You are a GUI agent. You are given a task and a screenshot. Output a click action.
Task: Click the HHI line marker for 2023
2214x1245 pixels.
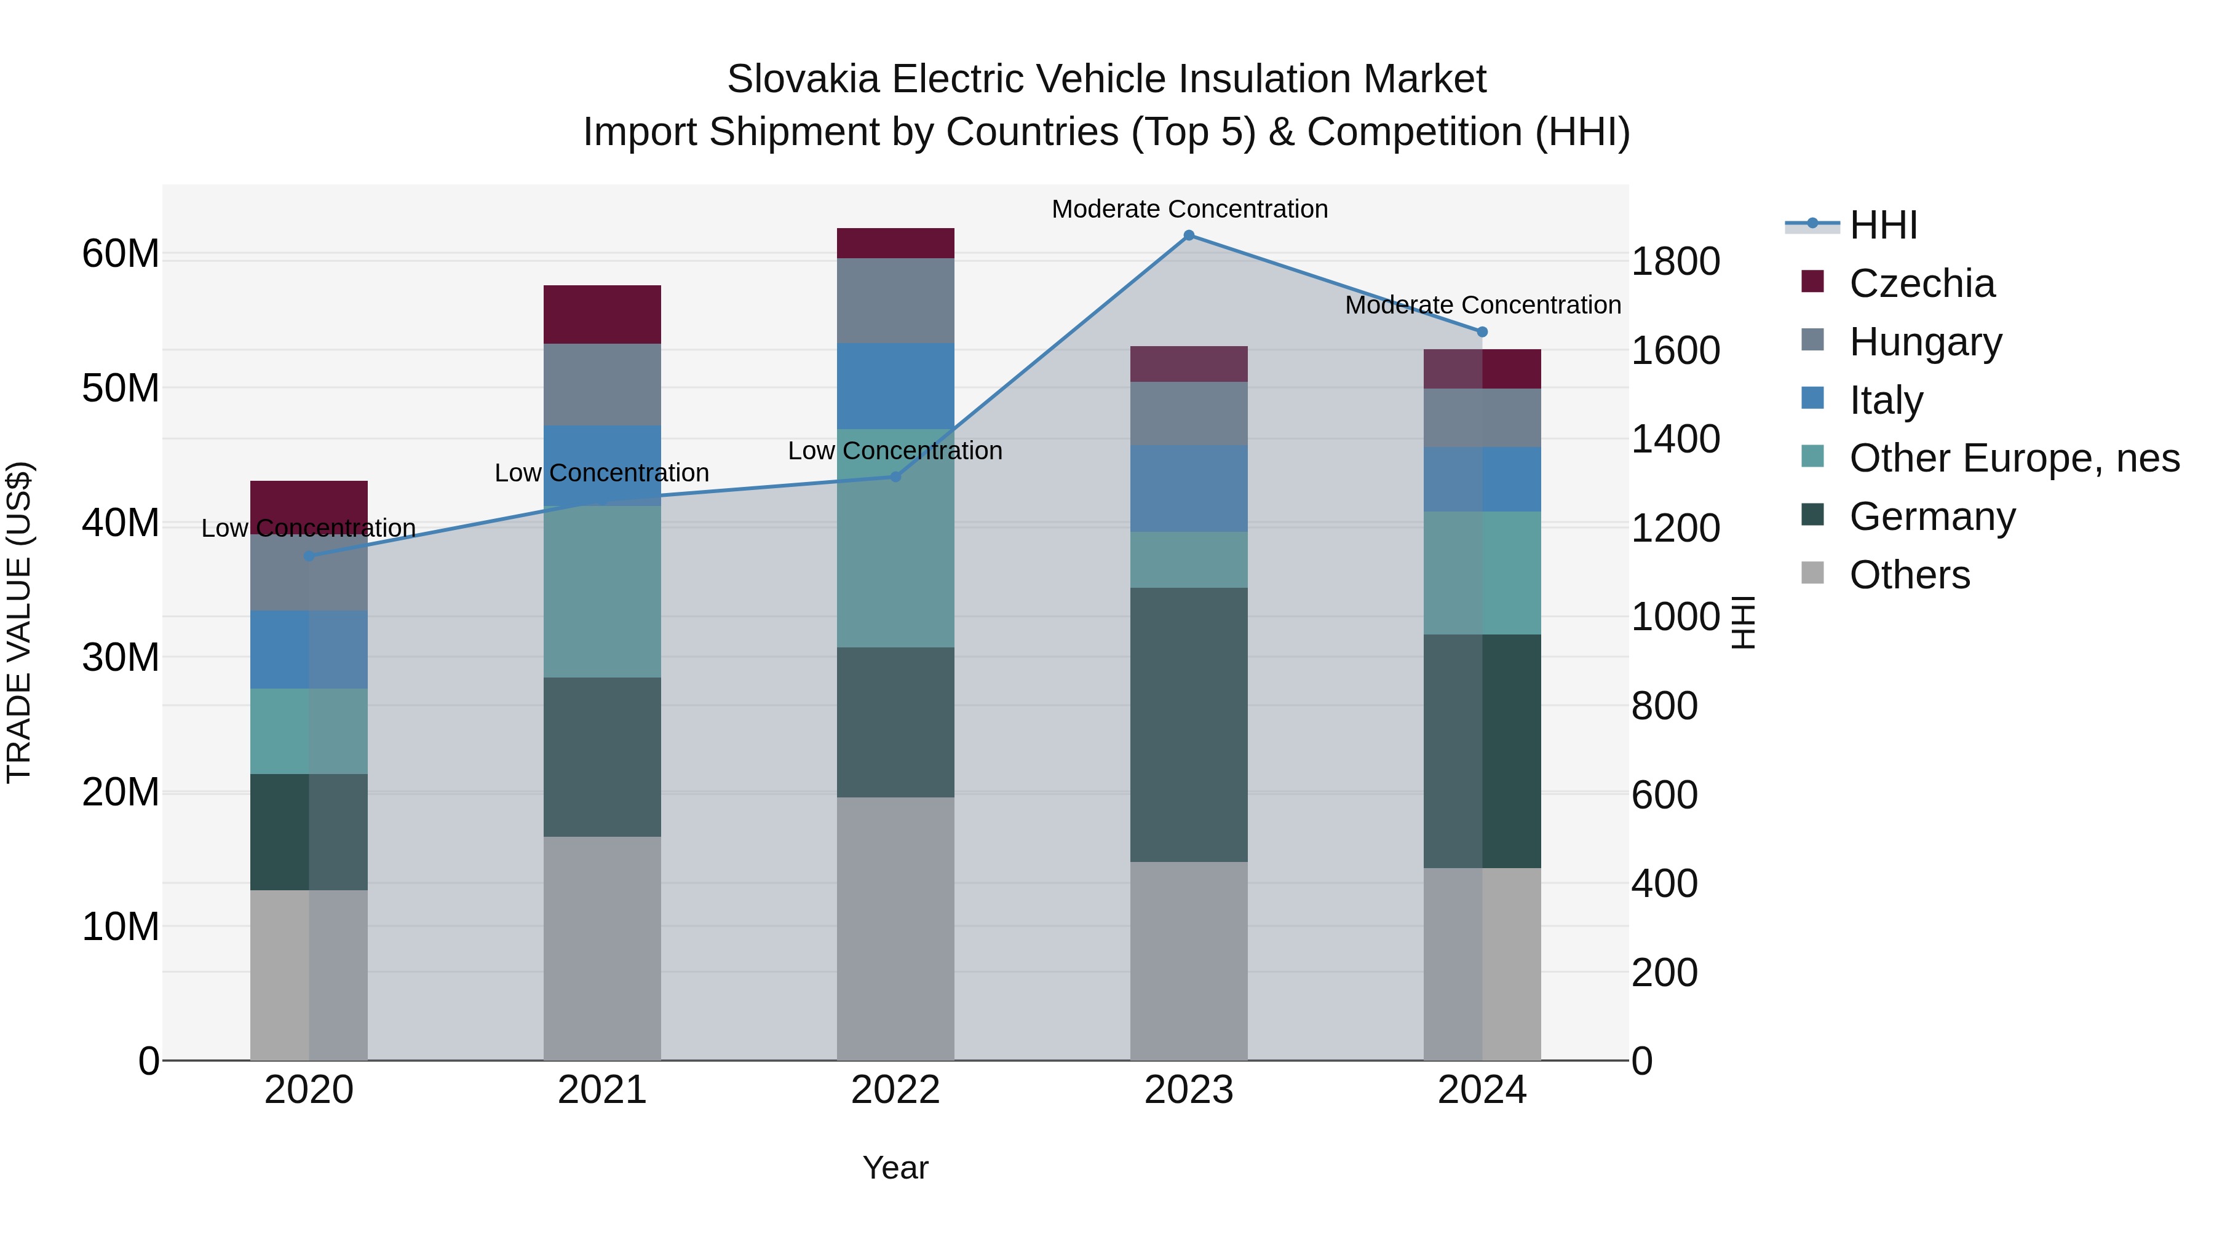pos(1189,235)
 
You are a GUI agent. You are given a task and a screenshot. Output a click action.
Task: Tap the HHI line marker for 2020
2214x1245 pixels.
pos(309,556)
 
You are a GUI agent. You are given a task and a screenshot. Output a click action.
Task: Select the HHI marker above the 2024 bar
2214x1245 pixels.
pos(1482,331)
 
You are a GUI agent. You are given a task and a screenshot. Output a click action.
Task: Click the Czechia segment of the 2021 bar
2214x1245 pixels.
pos(601,314)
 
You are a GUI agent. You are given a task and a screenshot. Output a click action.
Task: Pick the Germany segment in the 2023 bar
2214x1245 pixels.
pos(1189,724)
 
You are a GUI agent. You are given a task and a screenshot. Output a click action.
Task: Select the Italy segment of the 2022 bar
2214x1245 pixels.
pos(895,385)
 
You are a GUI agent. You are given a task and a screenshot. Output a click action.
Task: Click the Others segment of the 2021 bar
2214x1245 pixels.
pos(601,947)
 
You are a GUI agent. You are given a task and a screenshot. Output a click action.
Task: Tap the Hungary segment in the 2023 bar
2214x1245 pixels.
pos(1189,413)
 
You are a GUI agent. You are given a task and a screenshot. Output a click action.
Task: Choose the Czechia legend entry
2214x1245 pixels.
pos(1921,283)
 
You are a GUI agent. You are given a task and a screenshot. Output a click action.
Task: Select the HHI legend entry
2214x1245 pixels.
pos(1883,225)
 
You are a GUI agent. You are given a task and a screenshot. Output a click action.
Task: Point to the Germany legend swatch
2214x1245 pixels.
pos(1812,516)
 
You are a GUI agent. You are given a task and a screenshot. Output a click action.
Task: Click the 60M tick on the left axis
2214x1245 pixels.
pos(121,255)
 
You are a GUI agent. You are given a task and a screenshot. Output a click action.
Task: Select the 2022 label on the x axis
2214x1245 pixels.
pos(895,1090)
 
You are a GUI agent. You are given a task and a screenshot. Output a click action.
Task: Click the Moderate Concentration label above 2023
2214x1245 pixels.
pos(1189,209)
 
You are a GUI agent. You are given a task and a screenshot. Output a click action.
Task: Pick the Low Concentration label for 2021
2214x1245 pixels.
pos(601,473)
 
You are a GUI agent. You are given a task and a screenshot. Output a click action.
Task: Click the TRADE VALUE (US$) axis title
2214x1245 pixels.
pos(19,622)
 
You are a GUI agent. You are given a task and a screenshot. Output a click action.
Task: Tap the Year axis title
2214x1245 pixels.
pos(895,1168)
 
